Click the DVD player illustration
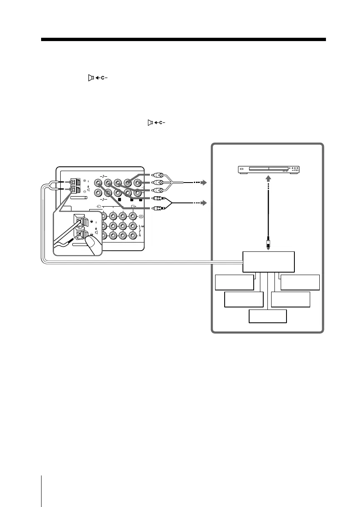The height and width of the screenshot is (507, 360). tap(268, 169)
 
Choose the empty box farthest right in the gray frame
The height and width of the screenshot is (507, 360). tap(300, 282)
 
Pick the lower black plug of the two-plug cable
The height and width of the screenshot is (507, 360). tap(158, 208)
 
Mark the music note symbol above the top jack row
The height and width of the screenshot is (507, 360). tap(102, 176)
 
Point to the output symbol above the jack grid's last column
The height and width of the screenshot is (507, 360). tap(133, 206)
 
